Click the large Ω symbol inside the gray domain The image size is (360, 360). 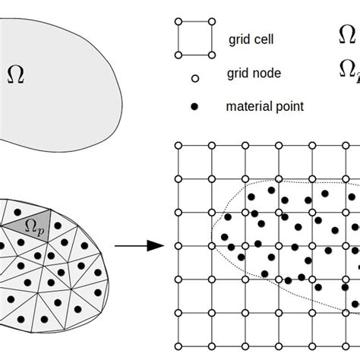tap(14, 74)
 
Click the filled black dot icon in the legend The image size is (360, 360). tap(194, 107)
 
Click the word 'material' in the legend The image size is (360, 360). tap(248, 107)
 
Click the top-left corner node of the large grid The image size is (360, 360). tap(178, 145)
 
